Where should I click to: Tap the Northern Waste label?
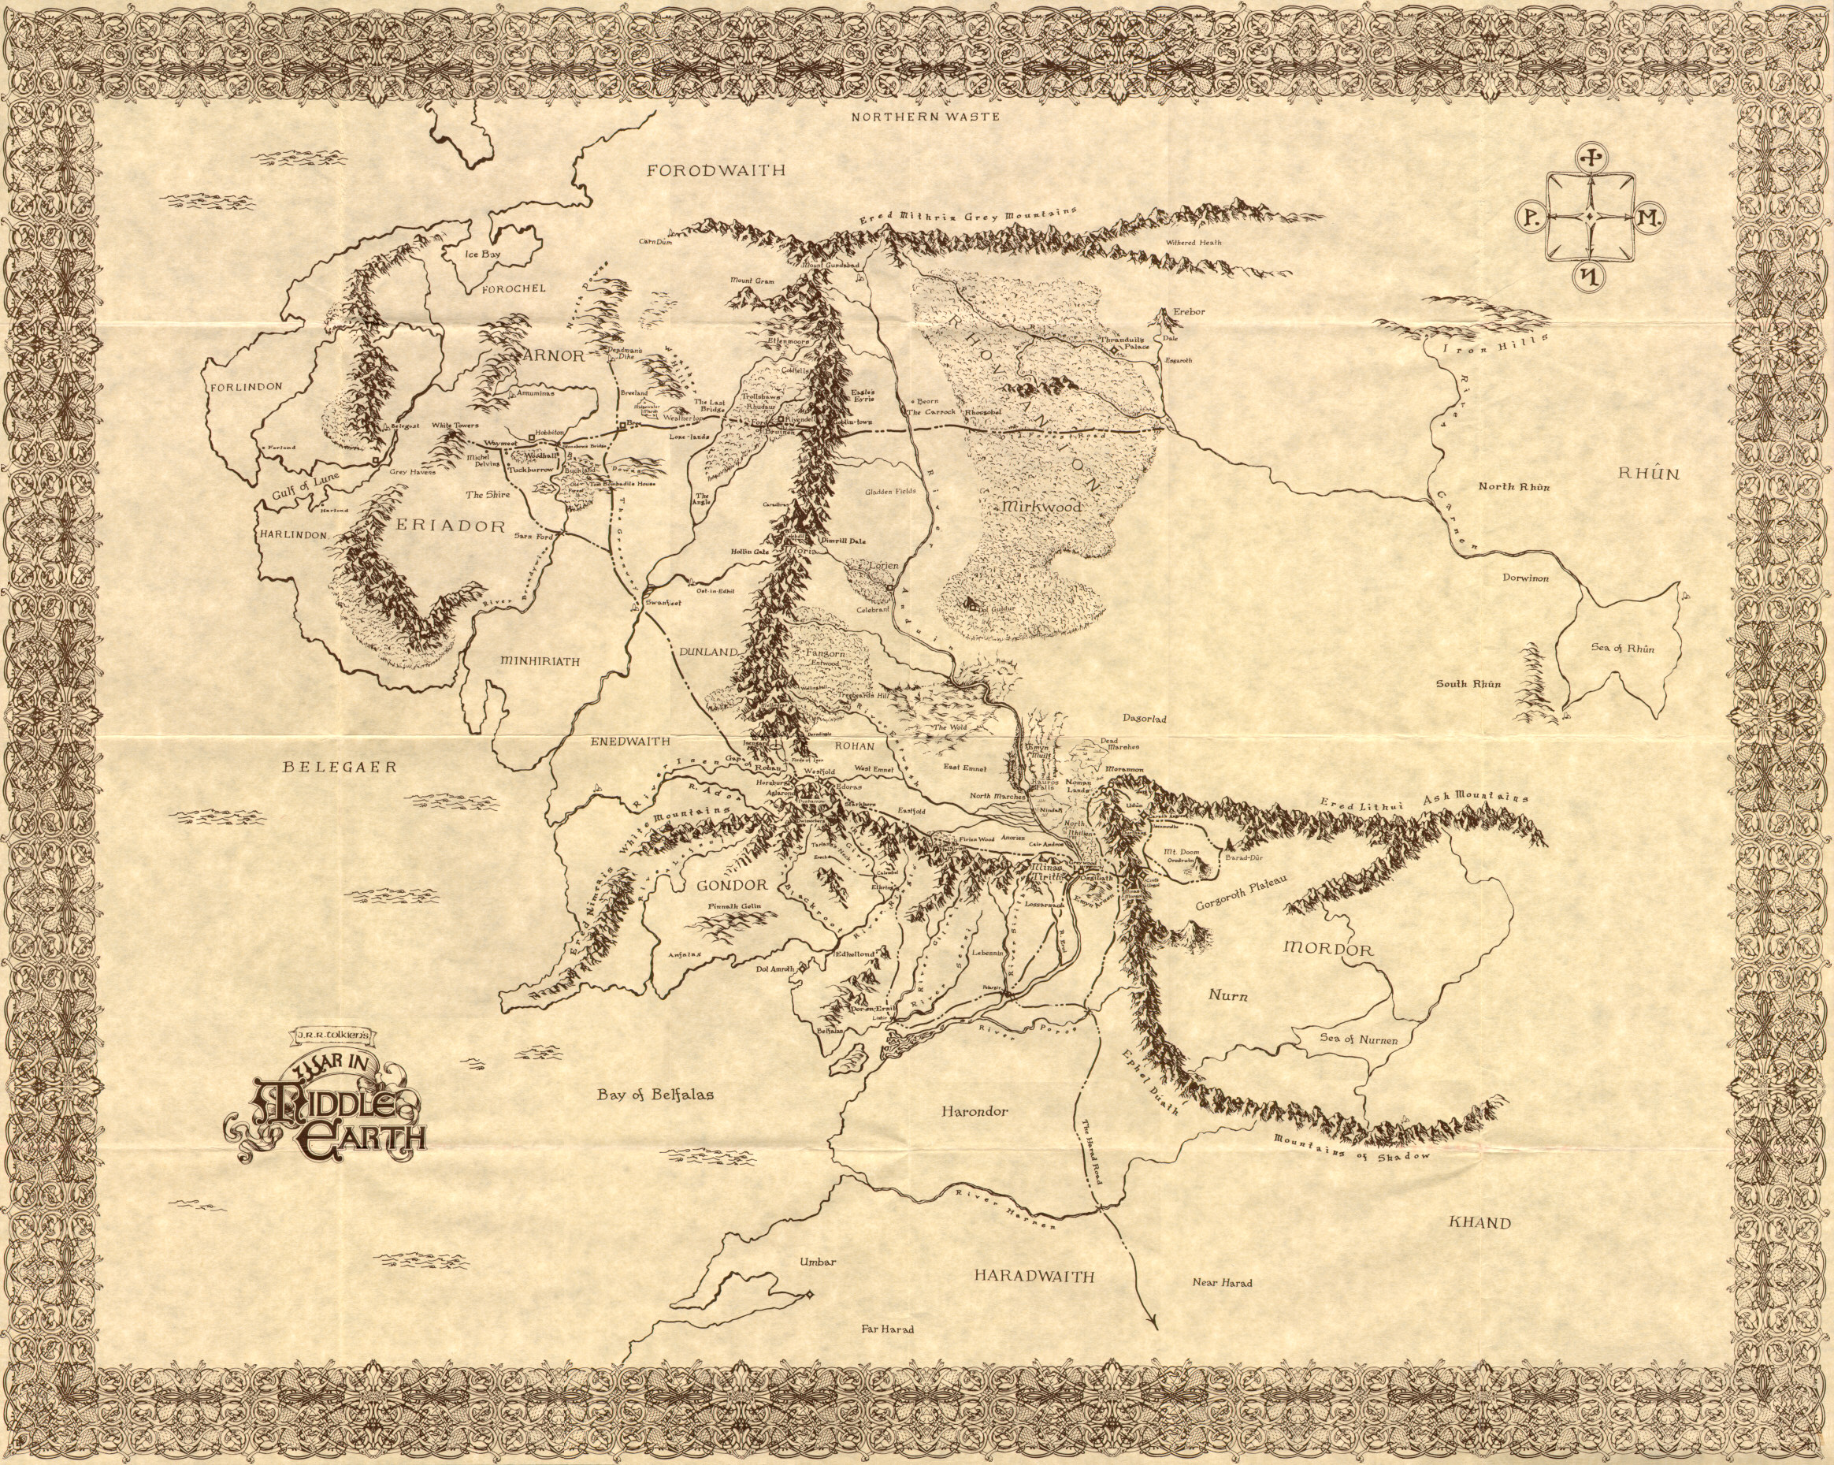click(926, 117)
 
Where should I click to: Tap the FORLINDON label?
click(245, 386)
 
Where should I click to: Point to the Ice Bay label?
click(481, 254)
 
